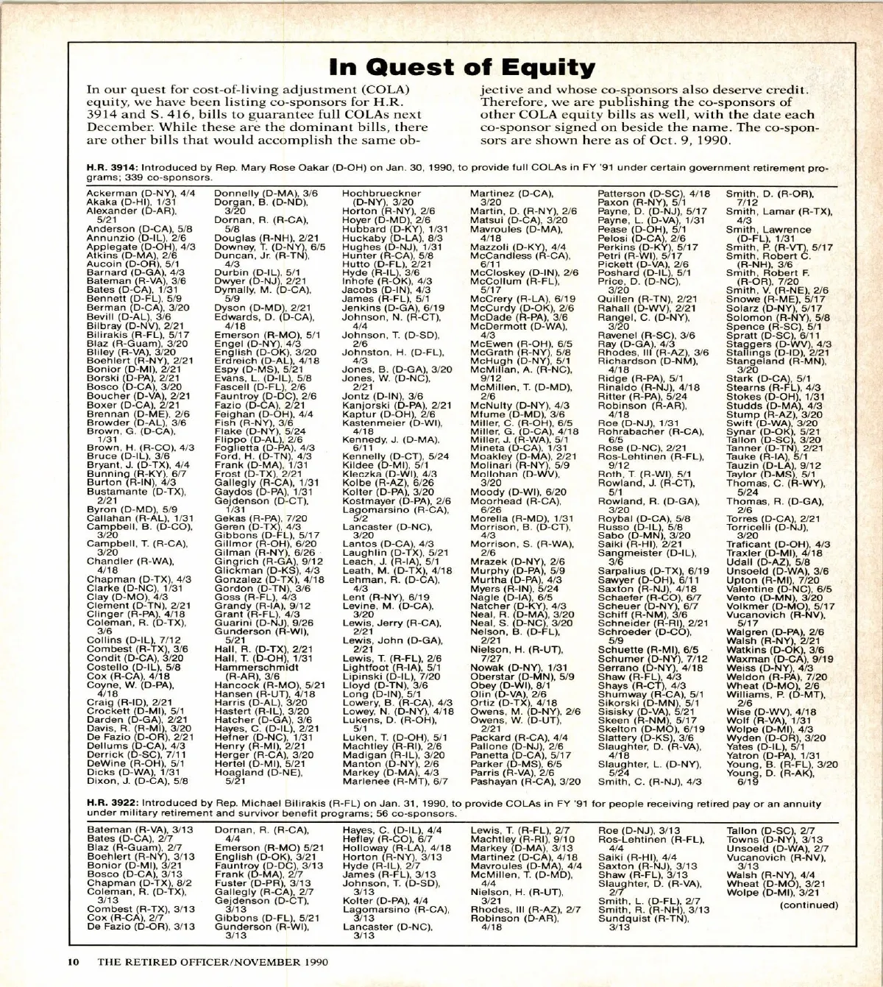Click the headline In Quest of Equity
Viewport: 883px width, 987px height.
[x=462, y=68]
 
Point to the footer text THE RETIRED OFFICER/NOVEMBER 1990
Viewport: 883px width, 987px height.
[x=213, y=961]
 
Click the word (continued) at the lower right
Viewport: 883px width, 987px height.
[x=809, y=905]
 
